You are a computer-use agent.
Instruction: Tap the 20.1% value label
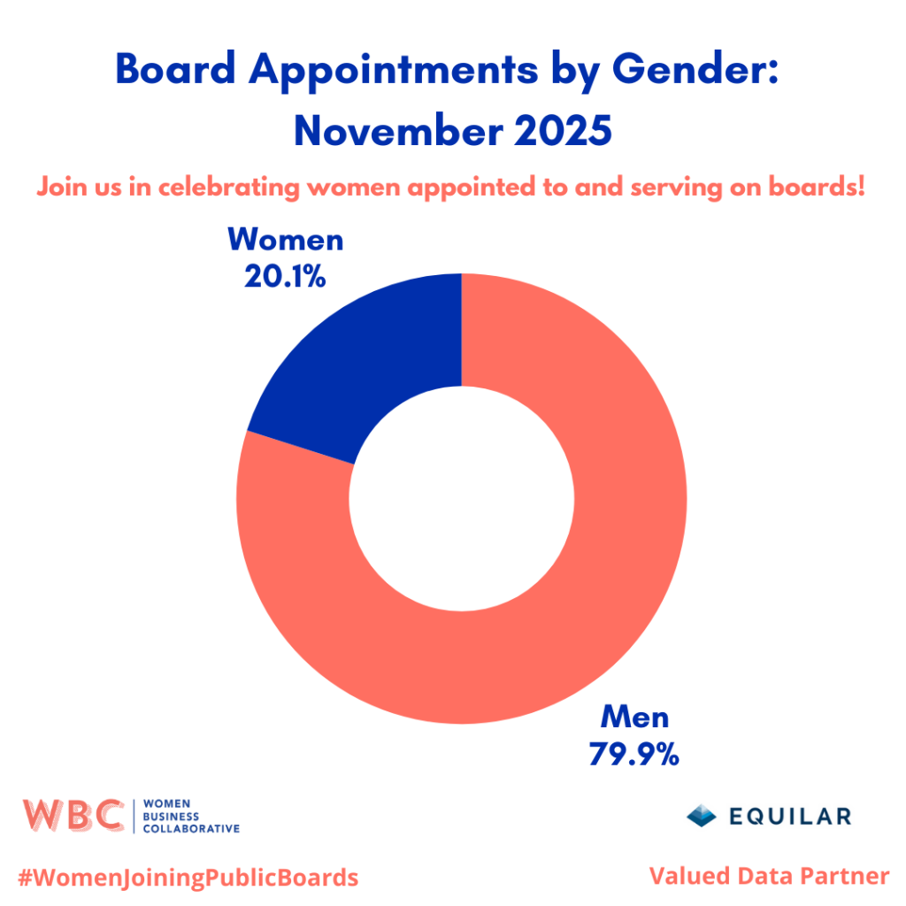[x=285, y=277]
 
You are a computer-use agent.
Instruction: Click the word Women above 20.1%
[x=285, y=242]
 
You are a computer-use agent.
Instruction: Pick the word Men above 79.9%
[x=634, y=717]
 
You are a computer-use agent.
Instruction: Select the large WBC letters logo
[x=73, y=815]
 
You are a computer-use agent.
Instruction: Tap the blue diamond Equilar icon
[x=702, y=815]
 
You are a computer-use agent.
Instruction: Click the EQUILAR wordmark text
[x=791, y=816]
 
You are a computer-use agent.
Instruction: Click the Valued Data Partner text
[x=769, y=876]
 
